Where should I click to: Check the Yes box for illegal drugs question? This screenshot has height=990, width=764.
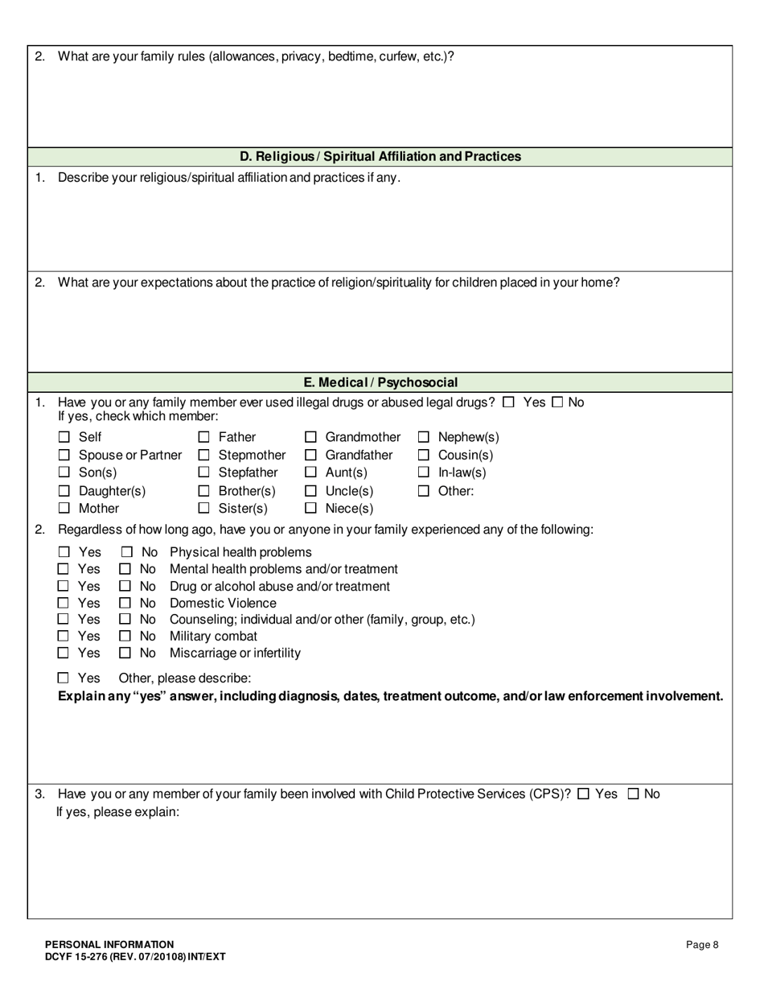point(508,402)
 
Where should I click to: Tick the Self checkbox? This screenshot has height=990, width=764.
point(64,437)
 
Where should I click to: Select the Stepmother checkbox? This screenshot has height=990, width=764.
point(204,455)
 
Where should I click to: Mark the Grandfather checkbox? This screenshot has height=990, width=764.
point(310,455)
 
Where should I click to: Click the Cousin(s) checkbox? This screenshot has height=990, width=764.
point(424,455)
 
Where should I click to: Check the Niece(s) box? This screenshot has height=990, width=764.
point(310,509)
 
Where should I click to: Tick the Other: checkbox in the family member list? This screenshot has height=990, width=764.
point(424,491)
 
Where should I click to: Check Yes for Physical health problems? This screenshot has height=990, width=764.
point(64,552)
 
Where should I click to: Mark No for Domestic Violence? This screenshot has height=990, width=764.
point(125,603)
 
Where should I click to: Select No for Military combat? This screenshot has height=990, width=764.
point(125,637)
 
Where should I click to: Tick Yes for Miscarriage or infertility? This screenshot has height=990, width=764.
point(64,653)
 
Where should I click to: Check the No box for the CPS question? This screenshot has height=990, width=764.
point(633,794)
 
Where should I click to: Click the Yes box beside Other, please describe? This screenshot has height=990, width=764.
point(64,678)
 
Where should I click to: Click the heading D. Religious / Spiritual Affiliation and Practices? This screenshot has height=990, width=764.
point(380,157)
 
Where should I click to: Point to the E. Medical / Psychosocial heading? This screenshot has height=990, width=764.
point(380,382)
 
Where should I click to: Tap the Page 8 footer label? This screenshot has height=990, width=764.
point(702,945)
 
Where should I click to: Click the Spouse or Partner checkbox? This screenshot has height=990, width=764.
point(64,455)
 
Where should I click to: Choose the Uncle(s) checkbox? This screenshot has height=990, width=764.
point(310,491)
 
